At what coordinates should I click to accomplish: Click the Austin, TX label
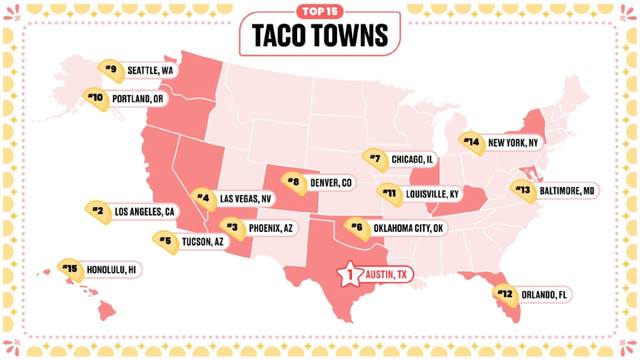(x=386, y=274)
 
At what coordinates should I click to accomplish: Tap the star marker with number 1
(x=349, y=274)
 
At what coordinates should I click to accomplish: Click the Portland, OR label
(x=138, y=98)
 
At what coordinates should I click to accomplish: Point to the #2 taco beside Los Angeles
(x=98, y=212)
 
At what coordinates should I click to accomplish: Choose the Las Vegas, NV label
(x=245, y=198)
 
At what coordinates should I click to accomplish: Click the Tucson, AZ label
(x=199, y=242)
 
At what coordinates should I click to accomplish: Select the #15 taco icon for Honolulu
(x=70, y=270)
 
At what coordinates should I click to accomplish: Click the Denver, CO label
(x=330, y=183)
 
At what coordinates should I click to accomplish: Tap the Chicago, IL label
(x=412, y=160)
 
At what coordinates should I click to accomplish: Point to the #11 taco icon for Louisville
(x=390, y=194)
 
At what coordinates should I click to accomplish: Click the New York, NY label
(x=513, y=143)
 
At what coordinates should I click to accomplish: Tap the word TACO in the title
(x=280, y=35)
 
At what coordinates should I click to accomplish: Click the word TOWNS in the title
(x=352, y=35)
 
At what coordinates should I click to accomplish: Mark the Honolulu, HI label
(x=111, y=270)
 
